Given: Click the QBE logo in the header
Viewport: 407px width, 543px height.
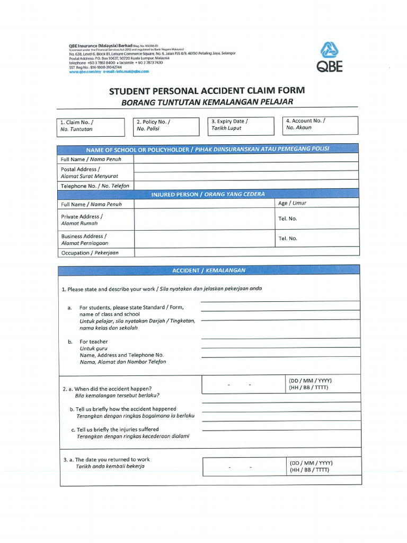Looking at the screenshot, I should pos(331,57).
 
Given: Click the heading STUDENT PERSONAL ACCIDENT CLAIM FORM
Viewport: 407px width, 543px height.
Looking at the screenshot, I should pos(207,91).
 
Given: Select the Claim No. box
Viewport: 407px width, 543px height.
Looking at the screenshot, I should pos(91,126).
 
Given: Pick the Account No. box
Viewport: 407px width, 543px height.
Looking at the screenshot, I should pos(320,125).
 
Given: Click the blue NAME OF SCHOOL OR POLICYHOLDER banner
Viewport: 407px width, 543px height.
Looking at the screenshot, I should pos(208,149).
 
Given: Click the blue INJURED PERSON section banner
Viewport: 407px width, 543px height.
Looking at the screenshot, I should pos(208,194).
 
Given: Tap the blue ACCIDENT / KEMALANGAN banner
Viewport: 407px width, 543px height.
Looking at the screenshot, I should pos(209,270).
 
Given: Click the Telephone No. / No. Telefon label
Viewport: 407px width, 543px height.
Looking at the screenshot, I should pos(95,186).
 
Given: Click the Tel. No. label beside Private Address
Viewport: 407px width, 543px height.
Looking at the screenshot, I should pos(288,218).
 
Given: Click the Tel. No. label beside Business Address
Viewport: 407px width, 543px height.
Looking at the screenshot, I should pos(288,238).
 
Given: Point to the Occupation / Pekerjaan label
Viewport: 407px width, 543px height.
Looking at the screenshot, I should pos(90,253).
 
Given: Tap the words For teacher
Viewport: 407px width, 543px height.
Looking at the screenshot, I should pos(93,341).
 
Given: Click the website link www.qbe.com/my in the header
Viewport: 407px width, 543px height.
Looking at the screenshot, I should pos(85,72).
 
